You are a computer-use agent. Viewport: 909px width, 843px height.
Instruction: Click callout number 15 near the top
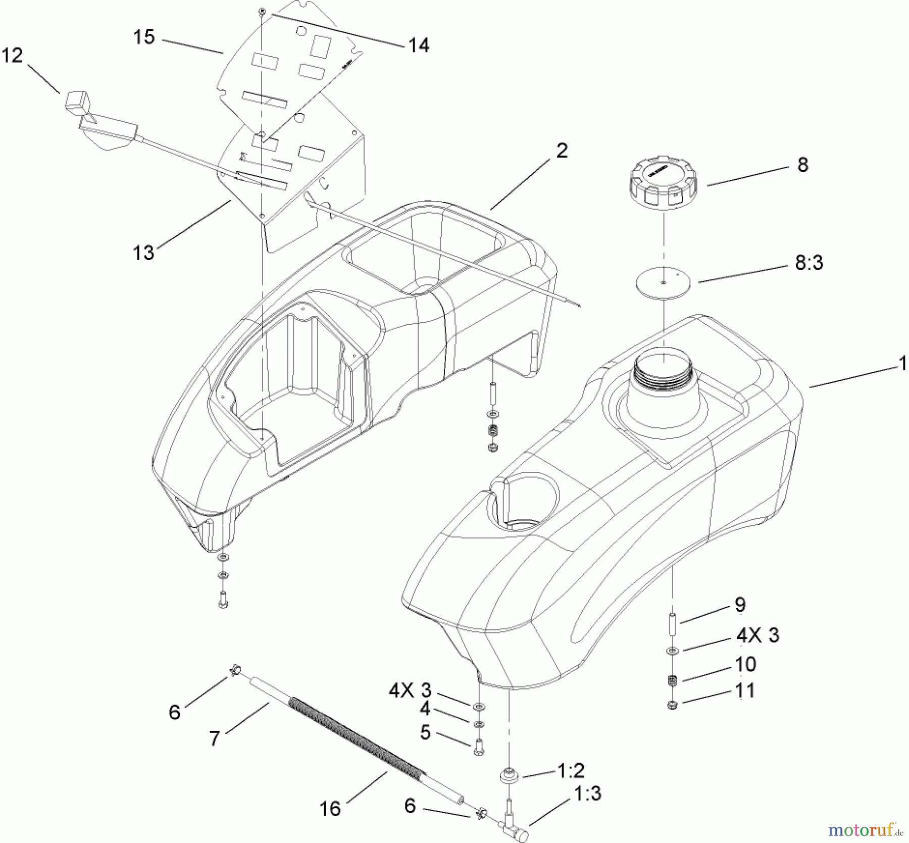tap(144, 37)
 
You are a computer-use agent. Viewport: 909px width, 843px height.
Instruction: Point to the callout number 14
tap(419, 45)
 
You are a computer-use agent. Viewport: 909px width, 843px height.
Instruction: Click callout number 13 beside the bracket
tap(143, 252)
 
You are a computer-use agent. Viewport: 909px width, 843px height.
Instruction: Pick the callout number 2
tap(562, 150)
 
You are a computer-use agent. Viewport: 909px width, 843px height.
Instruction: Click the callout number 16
tap(330, 809)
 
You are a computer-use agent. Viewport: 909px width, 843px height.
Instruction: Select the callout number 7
tap(215, 738)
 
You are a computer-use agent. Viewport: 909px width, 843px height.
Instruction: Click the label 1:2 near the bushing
tap(571, 770)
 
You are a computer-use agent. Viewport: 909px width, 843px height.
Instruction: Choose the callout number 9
tap(740, 604)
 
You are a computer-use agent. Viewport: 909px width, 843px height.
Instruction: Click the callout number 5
tap(425, 732)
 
